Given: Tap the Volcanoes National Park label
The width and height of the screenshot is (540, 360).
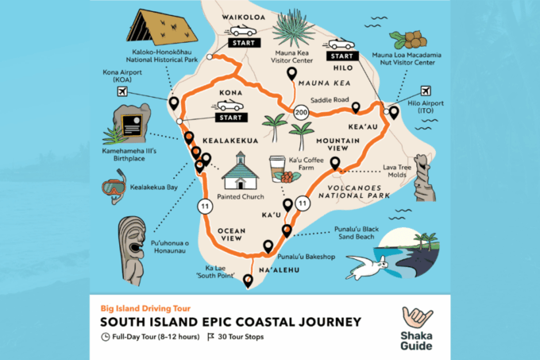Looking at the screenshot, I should click(355, 189).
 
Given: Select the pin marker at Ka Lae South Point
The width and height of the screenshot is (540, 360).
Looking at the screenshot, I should click(249, 280).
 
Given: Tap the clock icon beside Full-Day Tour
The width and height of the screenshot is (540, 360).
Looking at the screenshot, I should click(106, 337).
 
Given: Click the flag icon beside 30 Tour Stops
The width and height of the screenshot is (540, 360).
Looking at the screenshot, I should click(211, 337).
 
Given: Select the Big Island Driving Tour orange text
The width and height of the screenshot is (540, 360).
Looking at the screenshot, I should click(145, 307).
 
